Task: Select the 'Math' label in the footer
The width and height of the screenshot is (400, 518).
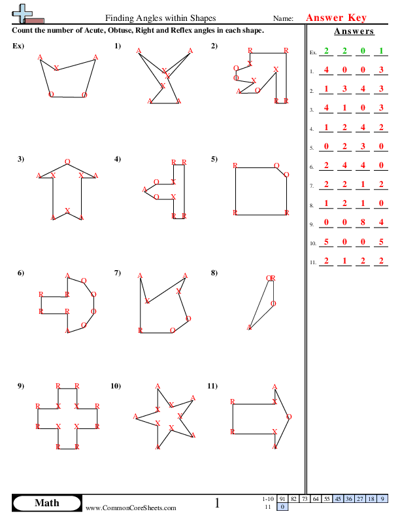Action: [46, 503]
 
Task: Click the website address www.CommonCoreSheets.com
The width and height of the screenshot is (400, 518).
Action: [131, 508]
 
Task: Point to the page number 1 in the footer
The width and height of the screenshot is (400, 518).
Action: [218, 503]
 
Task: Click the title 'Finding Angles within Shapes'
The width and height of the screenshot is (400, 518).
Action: [160, 19]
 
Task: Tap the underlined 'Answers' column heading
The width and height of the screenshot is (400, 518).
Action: [354, 31]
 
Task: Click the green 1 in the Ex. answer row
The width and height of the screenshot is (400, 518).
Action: [381, 50]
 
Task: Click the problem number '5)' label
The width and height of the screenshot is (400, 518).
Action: [214, 159]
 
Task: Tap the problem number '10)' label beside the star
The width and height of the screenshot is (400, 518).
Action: [116, 386]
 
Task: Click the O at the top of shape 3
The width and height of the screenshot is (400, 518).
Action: [68, 162]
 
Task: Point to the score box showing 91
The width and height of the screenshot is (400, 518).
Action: [282, 499]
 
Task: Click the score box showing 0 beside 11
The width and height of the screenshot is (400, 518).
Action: [282, 507]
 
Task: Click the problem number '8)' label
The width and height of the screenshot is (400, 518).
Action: [214, 273]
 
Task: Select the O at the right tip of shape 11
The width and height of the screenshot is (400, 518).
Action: [289, 417]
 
